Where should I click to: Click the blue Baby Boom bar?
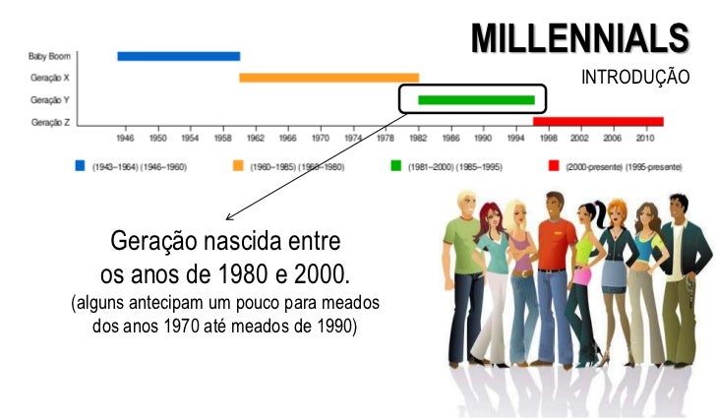(x=178, y=56)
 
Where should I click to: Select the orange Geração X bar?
(x=328, y=77)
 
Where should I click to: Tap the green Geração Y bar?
(x=476, y=99)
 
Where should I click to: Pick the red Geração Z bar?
(x=598, y=121)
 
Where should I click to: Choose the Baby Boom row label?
(x=49, y=56)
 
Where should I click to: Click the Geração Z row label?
(x=49, y=122)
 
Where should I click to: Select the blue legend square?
(x=82, y=166)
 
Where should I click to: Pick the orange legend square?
(x=238, y=166)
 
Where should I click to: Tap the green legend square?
(x=395, y=166)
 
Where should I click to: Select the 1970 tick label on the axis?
(x=321, y=139)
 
